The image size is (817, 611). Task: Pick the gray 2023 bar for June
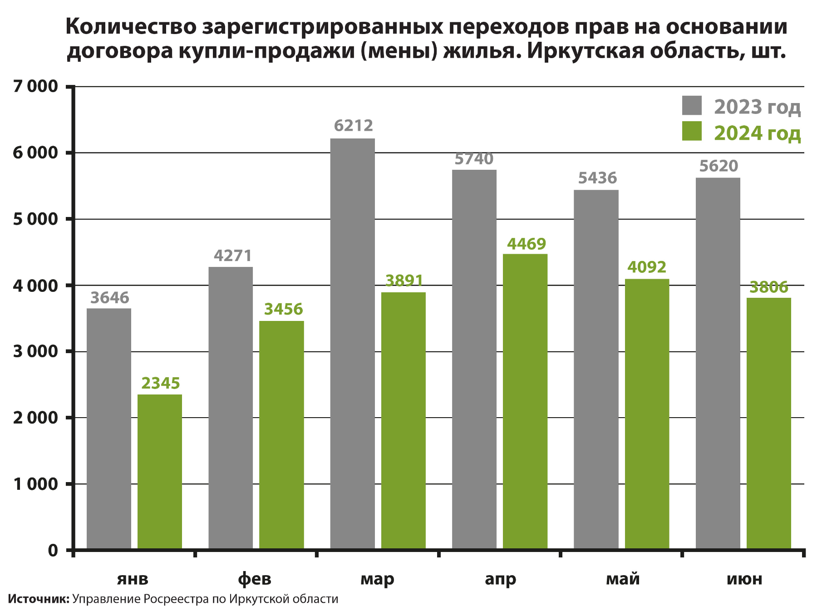point(718,363)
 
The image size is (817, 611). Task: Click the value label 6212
point(353,125)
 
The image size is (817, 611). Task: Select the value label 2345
point(161,384)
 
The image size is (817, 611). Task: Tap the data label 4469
point(526,244)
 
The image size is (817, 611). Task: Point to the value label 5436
point(597,178)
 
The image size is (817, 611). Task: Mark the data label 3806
point(768,287)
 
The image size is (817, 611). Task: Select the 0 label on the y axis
point(53,551)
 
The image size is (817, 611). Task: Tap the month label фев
point(255,579)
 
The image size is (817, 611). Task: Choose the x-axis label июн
point(744,579)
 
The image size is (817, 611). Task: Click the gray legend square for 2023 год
point(692,106)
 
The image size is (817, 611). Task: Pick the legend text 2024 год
point(757,133)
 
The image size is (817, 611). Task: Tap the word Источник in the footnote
point(38,599)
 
